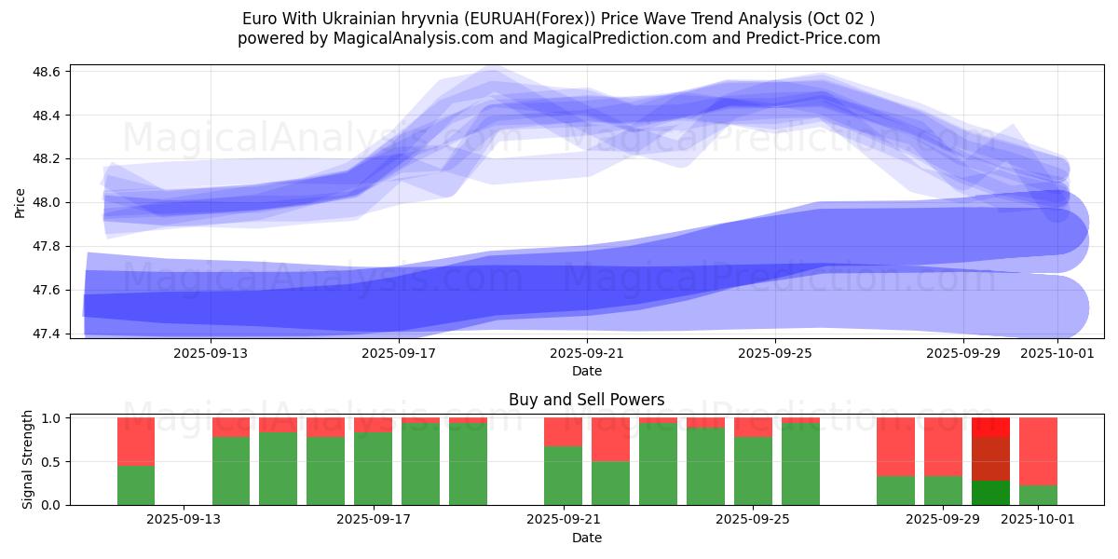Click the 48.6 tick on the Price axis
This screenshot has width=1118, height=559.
tap(48, 72)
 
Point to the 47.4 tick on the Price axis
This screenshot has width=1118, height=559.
tap(48, 334)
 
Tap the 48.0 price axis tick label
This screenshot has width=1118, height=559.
tap(48, 203)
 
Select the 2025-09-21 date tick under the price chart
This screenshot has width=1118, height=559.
tap(587, 354)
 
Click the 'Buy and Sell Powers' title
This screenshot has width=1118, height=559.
tap(586, 400)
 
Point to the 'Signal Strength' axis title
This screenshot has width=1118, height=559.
tap(28, 459)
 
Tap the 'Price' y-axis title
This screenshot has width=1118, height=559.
tap(20, 201)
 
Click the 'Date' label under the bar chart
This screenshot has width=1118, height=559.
tap(586, 538)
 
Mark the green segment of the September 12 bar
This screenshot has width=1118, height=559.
tap(136, 484)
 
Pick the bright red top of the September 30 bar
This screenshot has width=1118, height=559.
tap(990, 427)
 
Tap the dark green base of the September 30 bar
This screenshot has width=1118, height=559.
tap(990, 493)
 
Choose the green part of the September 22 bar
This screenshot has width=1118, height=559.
tap(610, 483)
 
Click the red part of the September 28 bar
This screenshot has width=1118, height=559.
tap(895, 446)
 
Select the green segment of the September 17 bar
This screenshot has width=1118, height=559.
tap(373, 468)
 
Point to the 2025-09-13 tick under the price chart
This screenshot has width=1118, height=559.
tap(211, 354)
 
